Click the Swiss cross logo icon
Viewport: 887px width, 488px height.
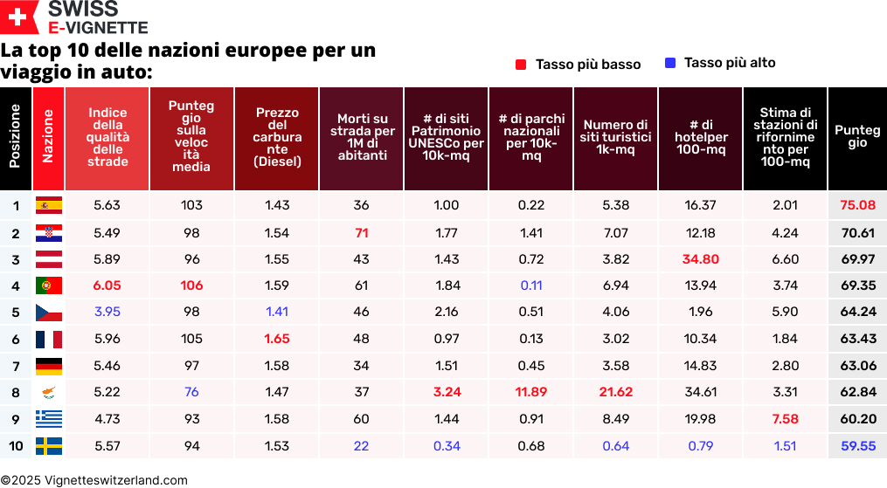pos(18,17)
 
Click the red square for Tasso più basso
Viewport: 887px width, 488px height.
pos(521,65)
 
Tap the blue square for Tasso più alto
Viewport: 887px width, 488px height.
pos(670,63)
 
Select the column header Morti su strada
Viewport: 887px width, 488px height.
pos(362,138)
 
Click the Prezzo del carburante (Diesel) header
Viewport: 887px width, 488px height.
pos(277,138)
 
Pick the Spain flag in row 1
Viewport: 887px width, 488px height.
pos(48,206)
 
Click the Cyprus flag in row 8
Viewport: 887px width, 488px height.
pos(48,393)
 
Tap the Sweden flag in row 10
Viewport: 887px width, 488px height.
pos(48,446)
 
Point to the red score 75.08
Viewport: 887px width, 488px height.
pos(857,206)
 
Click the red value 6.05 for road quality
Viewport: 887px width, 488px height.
pos(107,285)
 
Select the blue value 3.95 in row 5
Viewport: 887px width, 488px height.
pos(107,313)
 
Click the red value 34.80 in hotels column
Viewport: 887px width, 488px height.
pos(701,259)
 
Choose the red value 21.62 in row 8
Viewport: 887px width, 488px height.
pos(615,393)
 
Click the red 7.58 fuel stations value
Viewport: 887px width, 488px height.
pos(785,419)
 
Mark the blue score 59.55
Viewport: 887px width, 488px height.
pos(857,446)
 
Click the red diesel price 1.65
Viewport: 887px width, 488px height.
pos(277,339)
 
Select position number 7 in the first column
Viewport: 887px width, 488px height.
pos(16,366)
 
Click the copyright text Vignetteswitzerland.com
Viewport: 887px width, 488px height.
pos(94,480)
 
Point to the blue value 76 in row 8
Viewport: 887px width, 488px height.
pos(191,393)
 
